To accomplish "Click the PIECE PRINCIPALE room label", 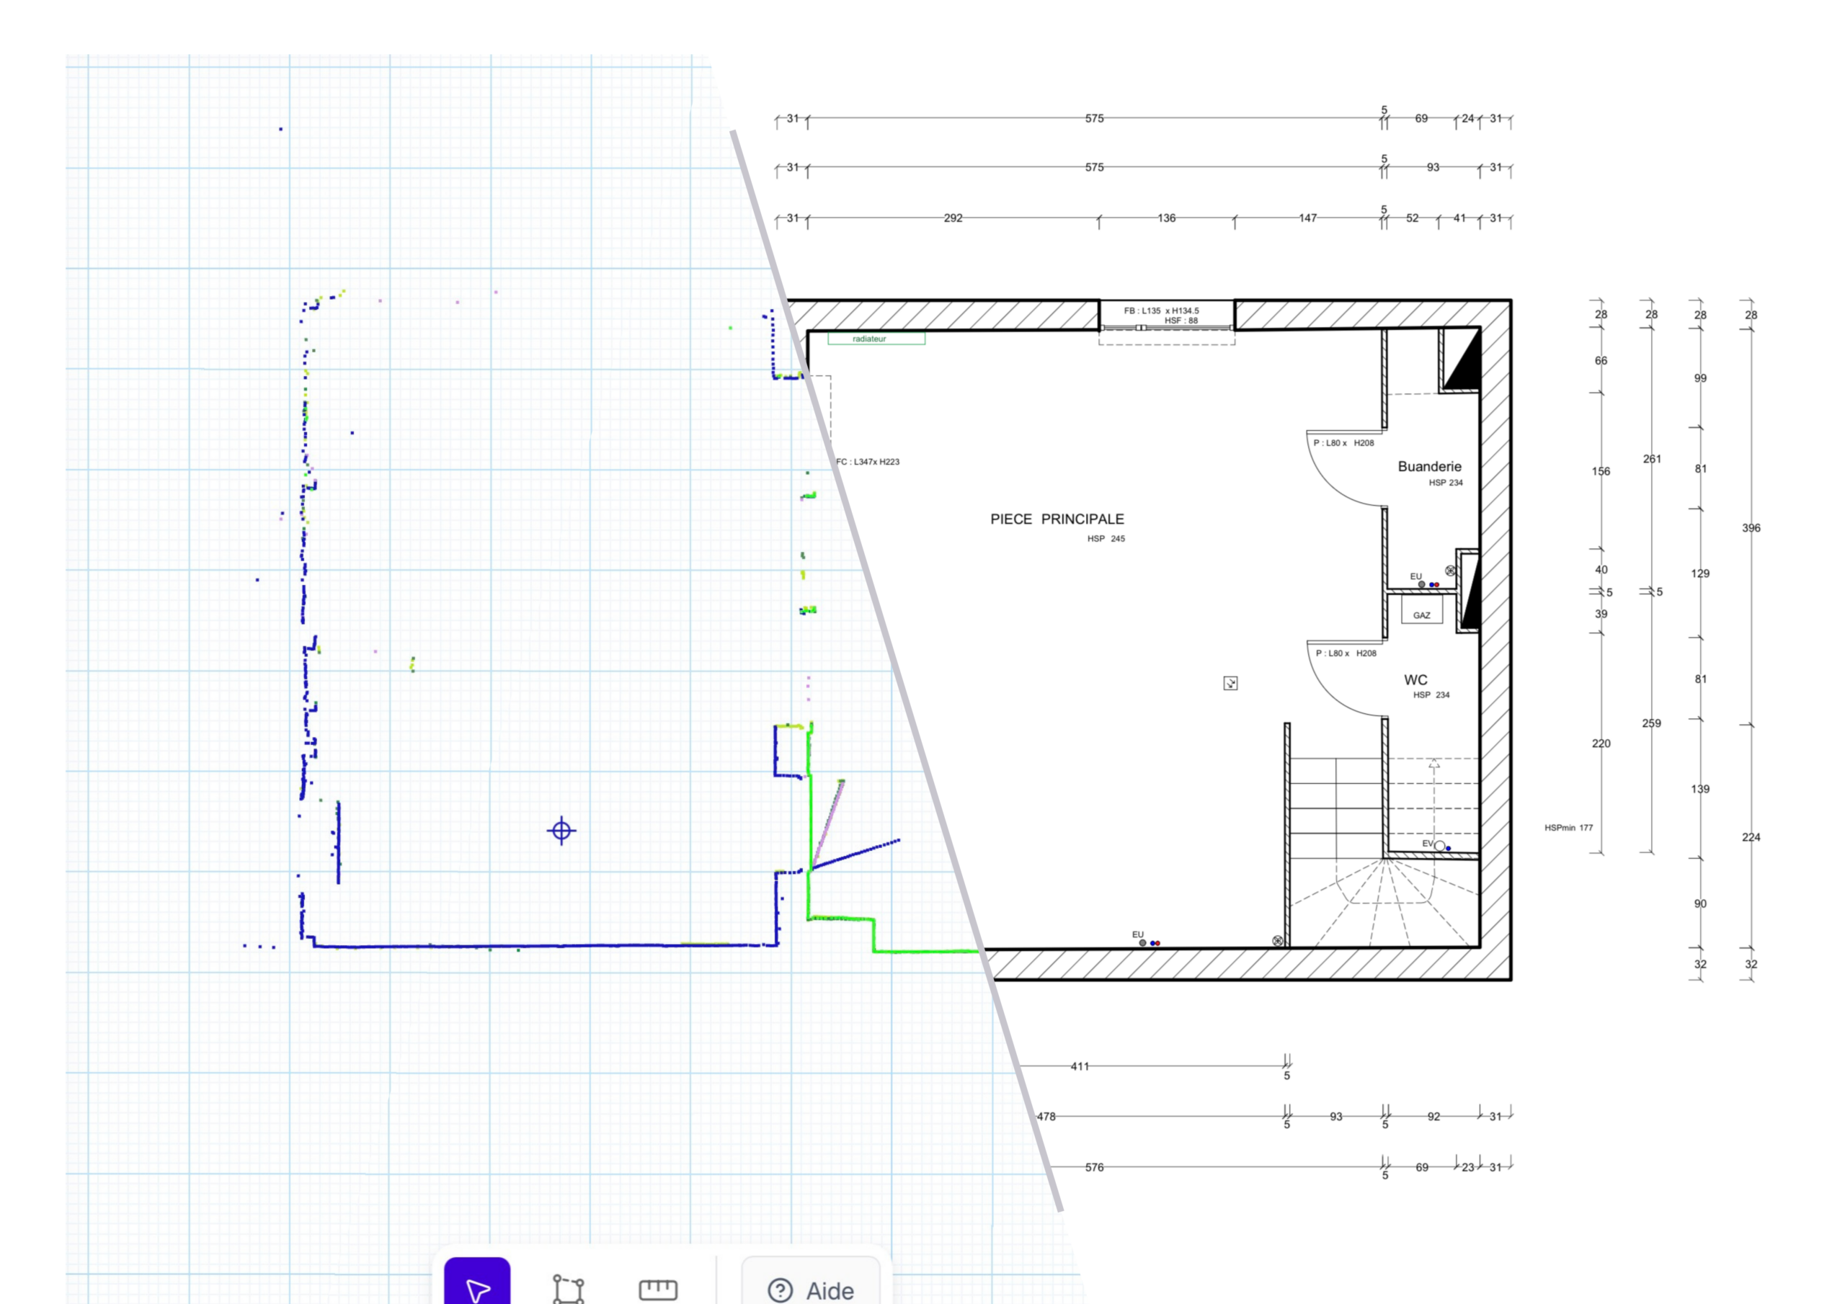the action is click(1057, 519).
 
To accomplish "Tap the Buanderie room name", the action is click(1430, 466).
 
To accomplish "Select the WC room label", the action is click(1416, 679).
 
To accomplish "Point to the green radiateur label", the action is click(876, 339).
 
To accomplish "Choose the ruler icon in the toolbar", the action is click(658, 1290).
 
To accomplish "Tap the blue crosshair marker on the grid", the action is click(561, 830).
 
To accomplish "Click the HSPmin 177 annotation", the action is click(1568, 828).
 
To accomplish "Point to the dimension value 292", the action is click(953, 218).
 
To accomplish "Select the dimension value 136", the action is click(1167, 218).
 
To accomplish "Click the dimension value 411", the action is click(1080, 1066).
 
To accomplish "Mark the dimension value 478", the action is click(1046, 1116).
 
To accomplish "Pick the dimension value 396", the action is click(1751, 528).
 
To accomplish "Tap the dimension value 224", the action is click(1751, 837).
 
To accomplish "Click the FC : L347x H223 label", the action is click(868, 462).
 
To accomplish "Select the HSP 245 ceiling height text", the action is click(1106, 539).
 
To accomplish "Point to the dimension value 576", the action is click(1095, 1167).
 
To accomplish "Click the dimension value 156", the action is click(1601, 472).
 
